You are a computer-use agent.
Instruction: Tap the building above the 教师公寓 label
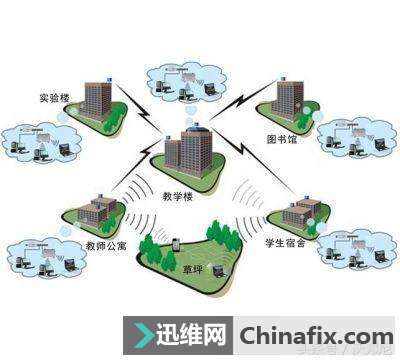[x=97, y=213]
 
